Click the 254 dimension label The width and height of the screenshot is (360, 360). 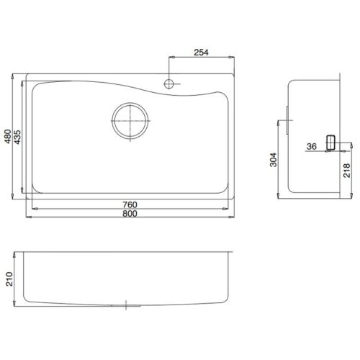(201, 51)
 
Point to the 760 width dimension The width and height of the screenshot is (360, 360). (130, 204)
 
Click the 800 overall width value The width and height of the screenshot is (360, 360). (130, 214)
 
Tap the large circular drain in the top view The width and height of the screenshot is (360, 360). (130, 120)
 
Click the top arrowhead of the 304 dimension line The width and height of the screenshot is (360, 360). (279, 122)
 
